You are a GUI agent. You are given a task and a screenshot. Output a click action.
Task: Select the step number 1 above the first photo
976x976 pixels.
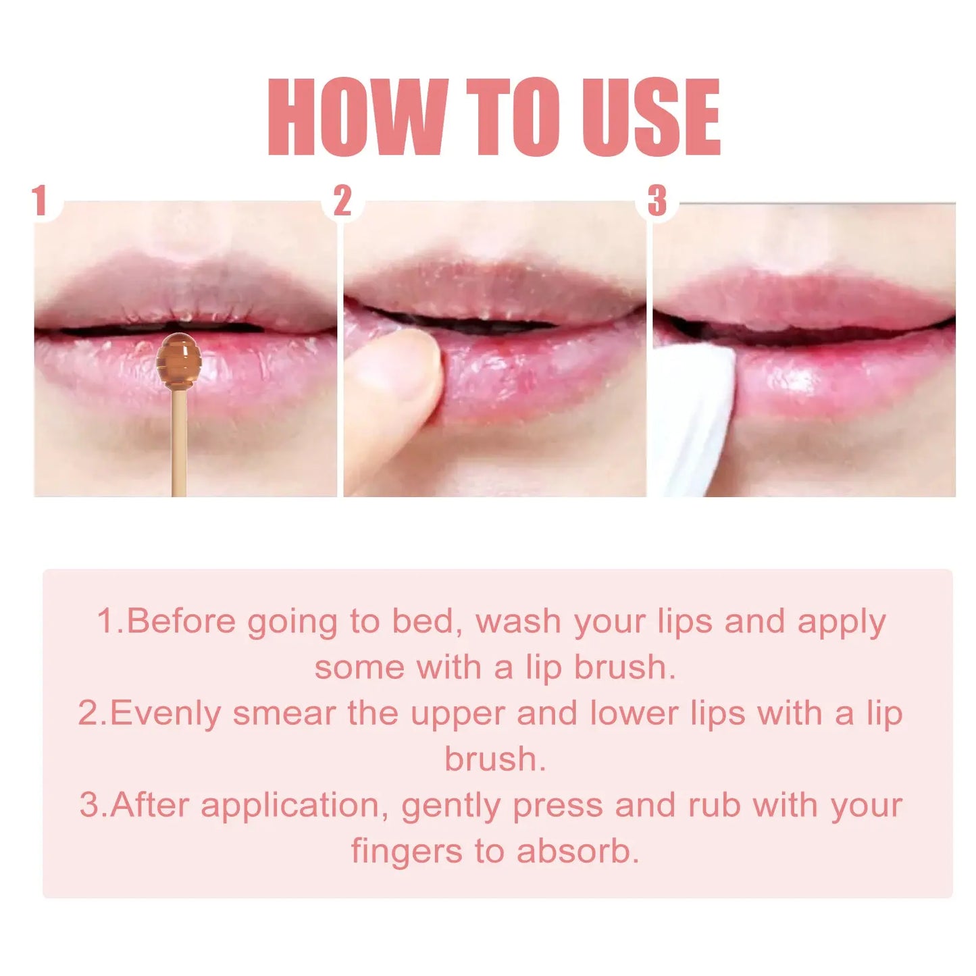(40, 201)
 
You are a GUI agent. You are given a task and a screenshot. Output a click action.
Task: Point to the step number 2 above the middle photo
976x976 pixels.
(342, 201)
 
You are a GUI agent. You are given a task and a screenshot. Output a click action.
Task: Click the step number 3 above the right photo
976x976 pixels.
(657, 201)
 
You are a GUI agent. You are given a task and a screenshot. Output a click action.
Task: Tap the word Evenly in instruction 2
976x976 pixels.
(165, 714)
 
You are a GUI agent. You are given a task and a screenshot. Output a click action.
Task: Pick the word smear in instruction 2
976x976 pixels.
(284, 714)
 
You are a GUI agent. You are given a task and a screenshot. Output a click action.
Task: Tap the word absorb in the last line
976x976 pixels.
(577, 851)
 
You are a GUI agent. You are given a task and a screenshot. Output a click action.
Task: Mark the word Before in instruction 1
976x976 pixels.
(180, 621)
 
